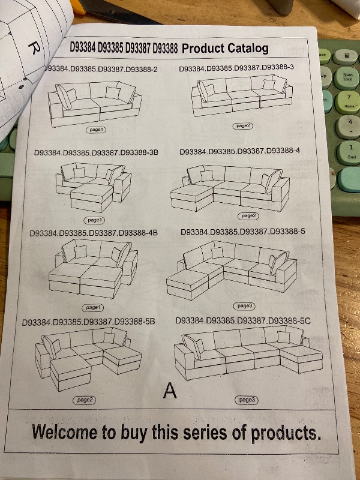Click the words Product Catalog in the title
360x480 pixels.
coord(225,49)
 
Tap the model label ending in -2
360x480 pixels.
coord(102,70)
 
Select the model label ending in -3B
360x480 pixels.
coord(96,153)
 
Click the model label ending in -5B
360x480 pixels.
coord(88,322)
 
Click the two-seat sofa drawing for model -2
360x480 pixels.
coord(94,103)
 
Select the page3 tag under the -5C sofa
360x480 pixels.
coord(247,400)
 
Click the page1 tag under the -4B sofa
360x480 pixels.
coord(92,307)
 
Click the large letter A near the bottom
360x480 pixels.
coord(170,391)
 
